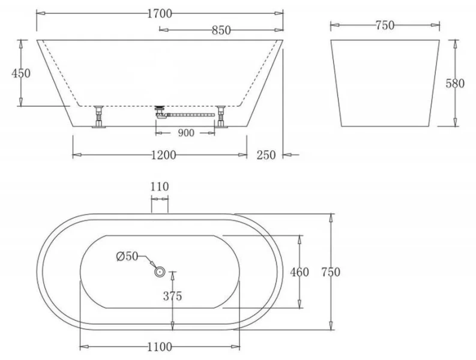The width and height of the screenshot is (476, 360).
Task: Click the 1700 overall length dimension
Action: pyautogui.click(x=159, y=11)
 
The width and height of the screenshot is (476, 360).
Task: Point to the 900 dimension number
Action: pyautogui.click(x=186, y=133)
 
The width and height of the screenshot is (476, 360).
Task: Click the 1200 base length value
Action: pyautogui.click(x=163, y=155)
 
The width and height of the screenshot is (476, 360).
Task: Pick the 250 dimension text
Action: pyautogui.click(x=266, y=155)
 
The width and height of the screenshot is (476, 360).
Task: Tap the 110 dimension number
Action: pyautogui.click(x=160, y=187)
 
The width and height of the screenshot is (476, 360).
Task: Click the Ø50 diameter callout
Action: pyautogui.click(x=127, y=257)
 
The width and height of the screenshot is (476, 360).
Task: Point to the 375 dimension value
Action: pyautogui.click(x=172, y=296)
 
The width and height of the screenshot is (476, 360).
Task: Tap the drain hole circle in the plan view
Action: pyautogui.click(x=160, y=272)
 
